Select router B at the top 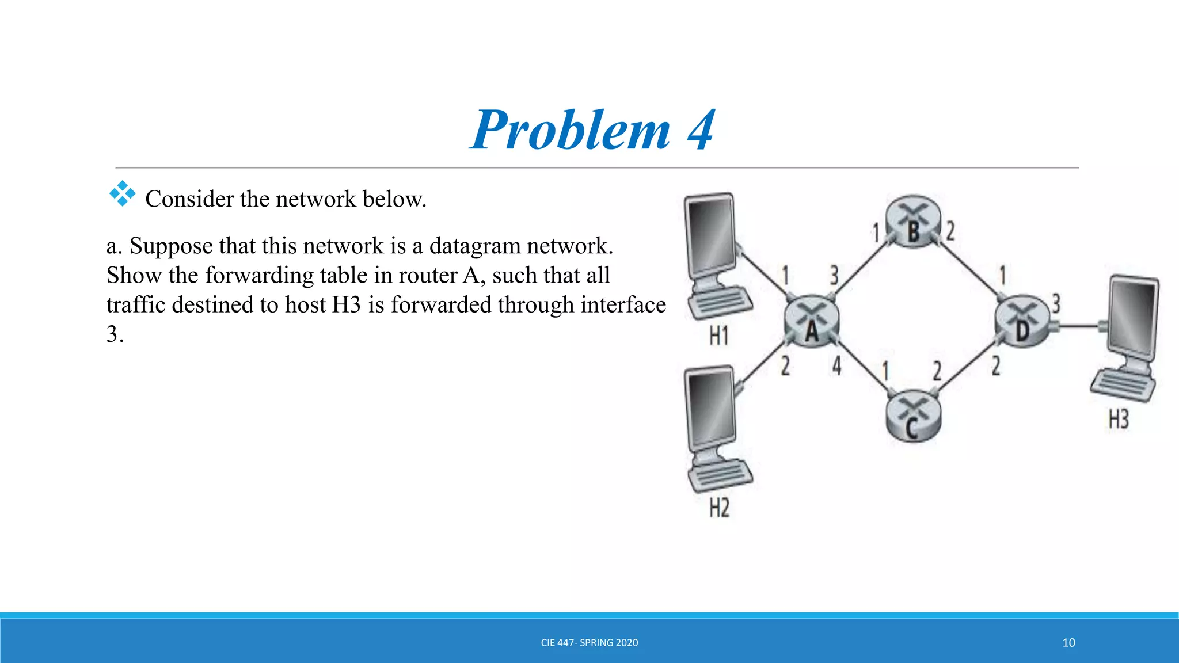point(913,222)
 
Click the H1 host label point(718,335)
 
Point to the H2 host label point(719,508)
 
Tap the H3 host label point(1119,420)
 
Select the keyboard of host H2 point(721,475)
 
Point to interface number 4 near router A point(836,365)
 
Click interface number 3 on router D point(1056,303)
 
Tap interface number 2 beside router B point(950,231)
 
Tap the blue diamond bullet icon point(122,194)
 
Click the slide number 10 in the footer point(1068,642)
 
